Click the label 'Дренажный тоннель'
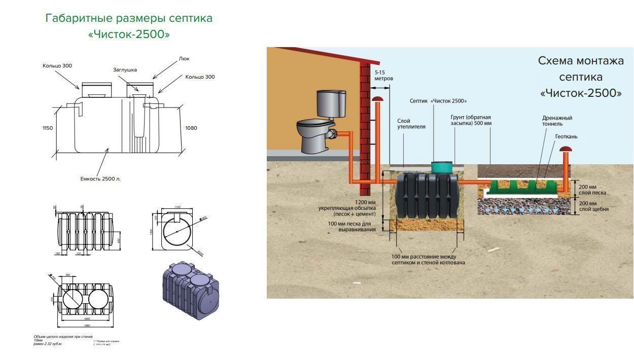click(x=557, y=121)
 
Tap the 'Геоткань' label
click(x=566, y=136)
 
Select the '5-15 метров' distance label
click(x=383, y=76)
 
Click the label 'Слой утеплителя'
click(x=411, y=124)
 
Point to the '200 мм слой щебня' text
click(x=594, y=206)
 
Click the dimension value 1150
click(x=48, y=128)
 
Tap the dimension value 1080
click(x=191, y=128)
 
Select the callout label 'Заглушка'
click(x=125, y=69)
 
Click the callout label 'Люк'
click(x=184, y=59)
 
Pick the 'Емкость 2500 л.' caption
click(x=100, y=178)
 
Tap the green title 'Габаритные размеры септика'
click(x=129, y=18)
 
